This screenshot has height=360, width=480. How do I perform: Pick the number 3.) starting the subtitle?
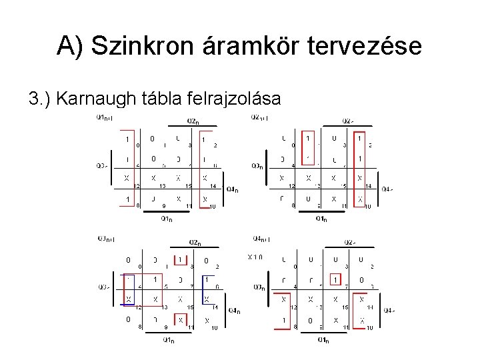41,99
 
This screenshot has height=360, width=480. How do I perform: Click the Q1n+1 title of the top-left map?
105,118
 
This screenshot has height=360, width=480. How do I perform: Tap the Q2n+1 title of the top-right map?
260,118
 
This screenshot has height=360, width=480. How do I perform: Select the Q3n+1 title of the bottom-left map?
105,238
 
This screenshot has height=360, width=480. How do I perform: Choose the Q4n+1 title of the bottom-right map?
260,238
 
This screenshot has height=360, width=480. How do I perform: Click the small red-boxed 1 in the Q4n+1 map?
336,280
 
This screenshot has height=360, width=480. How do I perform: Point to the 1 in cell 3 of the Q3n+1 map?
179,259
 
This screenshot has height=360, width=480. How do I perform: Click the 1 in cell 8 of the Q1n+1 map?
127,199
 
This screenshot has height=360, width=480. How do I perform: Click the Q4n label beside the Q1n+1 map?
233,189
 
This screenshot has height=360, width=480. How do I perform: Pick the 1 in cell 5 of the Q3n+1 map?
155,279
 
